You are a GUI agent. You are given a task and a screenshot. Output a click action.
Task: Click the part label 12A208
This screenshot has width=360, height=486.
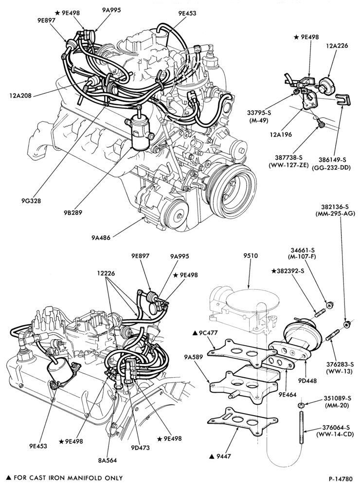click(20, 95)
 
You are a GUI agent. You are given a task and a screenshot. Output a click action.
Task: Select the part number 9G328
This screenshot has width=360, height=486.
click(31, 201)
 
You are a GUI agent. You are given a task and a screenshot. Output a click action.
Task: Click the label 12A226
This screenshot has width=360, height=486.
click(337, 46)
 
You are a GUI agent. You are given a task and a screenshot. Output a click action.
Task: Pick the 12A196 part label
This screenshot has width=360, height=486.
click(281, 135)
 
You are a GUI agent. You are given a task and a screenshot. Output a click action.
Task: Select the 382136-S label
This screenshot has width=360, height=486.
click(335, 207)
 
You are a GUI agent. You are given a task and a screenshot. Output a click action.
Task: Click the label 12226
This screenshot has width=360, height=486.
click(106, 273)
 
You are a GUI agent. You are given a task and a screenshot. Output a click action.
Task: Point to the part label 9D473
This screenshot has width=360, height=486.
click(140, 447)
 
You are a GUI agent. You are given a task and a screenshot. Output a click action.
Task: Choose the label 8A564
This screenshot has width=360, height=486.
click(107, 460)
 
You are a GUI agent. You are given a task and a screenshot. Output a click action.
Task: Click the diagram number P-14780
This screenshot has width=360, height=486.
click(342, 478)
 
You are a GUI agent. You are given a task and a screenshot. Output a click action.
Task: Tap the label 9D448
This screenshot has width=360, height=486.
click(307, 380)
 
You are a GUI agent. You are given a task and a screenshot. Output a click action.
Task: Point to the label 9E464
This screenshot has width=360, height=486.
click(288, 395)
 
